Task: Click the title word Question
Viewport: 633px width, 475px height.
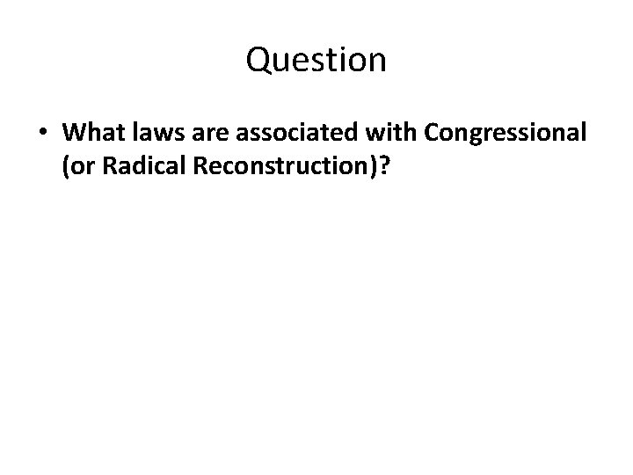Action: pos(316,60)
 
